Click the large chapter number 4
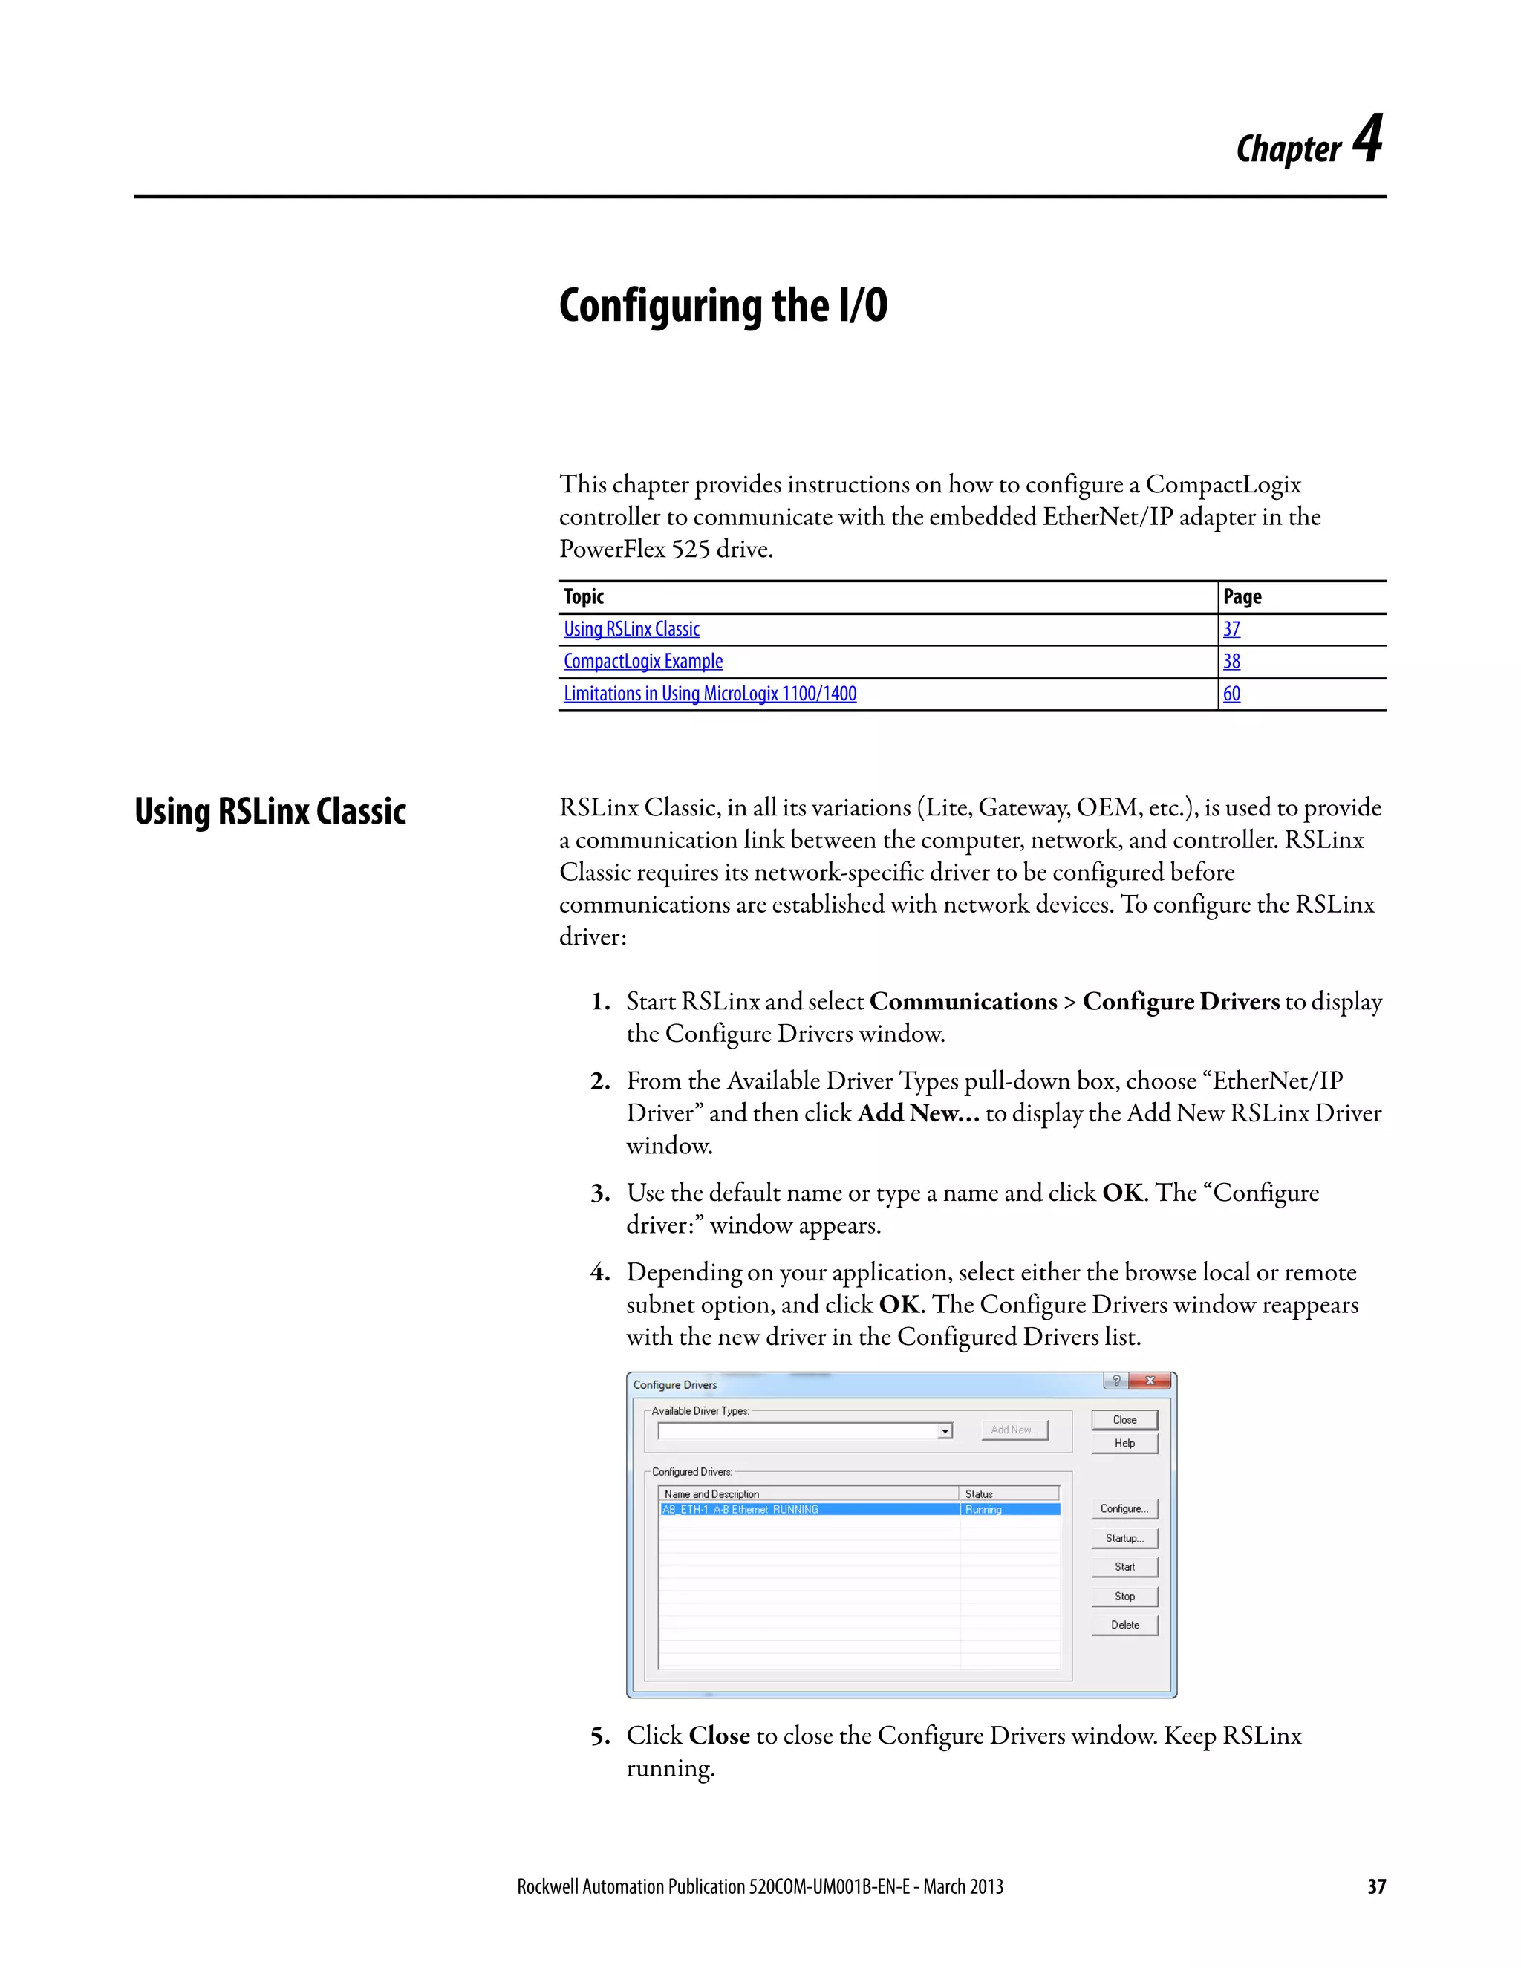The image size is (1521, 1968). click(x=1368, y=140)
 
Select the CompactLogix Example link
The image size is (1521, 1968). click(x=642, y=662)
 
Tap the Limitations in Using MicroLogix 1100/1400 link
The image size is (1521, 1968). click(x=709, y=694)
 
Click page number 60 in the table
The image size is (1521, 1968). click(x=1231, y=694)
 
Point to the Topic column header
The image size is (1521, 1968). click(x=584, y=596)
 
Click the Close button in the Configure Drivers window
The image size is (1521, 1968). click(x=1124, y=1419)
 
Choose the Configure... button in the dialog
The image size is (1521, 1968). click(x=1124, y=1508)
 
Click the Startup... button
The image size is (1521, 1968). click(x=1124, y=1538)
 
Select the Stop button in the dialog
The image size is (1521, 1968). click(x=1124, y=1596)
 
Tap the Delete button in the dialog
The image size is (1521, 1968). click(x=1124, y=1625)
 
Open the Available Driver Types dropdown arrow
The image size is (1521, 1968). click(x=945, y=1431)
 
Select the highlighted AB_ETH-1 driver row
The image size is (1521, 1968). click(x=811, y=1509)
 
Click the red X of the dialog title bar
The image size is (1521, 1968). click(x=1150, y=1381)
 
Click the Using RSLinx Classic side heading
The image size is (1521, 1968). click(x=270, y=811)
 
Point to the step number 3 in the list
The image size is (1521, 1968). click(x=600, y=1194)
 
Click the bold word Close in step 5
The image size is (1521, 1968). click(x=719, y=1736)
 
